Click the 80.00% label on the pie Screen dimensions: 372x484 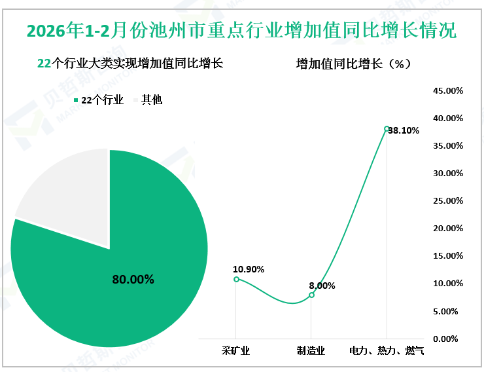(x=133, y=280)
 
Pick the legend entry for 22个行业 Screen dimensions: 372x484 (x=98, y=100)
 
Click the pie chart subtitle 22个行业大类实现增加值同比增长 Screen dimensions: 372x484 (x=130, y=64)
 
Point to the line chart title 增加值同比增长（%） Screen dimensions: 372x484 (x=353, y=64)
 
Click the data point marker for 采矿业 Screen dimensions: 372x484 (x=236, y=279)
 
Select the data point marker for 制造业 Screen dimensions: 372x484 (x=311, y=295)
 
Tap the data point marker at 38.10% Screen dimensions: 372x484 (x=387, y=128)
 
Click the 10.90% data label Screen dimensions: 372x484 (x=249, y=269)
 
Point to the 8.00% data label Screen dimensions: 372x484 (x=322, y=286)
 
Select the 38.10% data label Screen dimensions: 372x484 (x=404, y=130)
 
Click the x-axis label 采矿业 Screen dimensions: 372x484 (x=236, y=351)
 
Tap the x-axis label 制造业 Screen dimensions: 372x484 (x=311, y=351)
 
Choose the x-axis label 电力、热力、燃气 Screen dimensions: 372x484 (x=387, y=351)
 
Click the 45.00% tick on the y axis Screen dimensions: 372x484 (x=448, y=91)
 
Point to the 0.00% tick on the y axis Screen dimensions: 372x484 (x=450, y=339)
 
